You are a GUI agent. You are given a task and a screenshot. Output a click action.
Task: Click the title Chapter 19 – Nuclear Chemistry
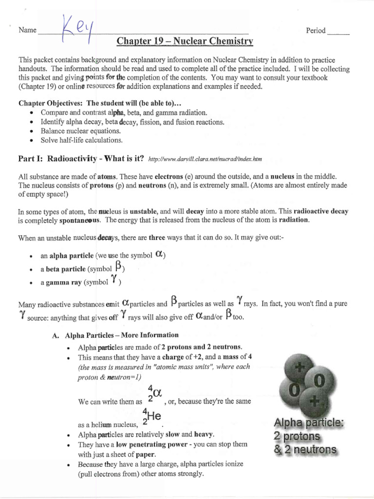tap(185, 41)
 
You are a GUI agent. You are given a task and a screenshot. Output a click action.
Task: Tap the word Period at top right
tap(316, 31)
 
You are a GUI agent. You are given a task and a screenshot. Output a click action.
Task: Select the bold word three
tap(157, 238)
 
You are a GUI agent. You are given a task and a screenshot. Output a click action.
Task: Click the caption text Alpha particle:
tap(308, 422)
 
